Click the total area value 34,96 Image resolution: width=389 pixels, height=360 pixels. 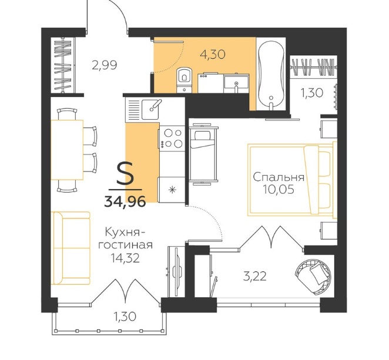pyautogui.click(x=125, y=201)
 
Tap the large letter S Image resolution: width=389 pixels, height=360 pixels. pyautogui.click(x=125, y=173)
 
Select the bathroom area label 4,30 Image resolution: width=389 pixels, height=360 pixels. pyautogui.click(x=213, y=54)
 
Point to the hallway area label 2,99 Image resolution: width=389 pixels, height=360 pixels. pyautogui.click(x=104, y=65)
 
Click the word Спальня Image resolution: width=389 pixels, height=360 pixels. pyautogui.click(x=279, y=177)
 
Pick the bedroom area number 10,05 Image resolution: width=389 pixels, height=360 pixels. pyautogui.click(x=279, y=190)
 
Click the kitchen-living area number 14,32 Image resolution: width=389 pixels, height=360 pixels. pyautogui.click(x=125, y=258)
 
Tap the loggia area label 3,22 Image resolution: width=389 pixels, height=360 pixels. pyautogui.click(x=255, y=276)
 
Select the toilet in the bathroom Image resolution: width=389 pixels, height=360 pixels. pyautogui.click(x=184, y=80)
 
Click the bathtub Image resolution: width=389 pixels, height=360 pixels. pyautogui.click(x=271, y=74)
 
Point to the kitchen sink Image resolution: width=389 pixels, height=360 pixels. pyautogui.click(x=150, y=109)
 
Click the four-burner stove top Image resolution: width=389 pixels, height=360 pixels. pyautogui.click(x=172, y=139)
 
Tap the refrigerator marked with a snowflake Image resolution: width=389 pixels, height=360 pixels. pyautogui.click(x=172, y=190)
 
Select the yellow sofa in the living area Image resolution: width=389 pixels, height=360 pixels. pyautogui.click(x=71, y=248)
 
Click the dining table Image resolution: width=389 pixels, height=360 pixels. pyautogui.click(x=67, y=150)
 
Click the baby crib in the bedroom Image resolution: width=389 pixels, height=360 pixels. pyautogui.click(x=203, y=154)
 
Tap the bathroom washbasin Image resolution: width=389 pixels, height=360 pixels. pyautogui.click(x=236, y=84)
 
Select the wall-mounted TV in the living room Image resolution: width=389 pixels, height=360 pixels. pyautogui.click(x=176, y=272)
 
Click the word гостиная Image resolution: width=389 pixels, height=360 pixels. pyautogui.click(x=126, y=245)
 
